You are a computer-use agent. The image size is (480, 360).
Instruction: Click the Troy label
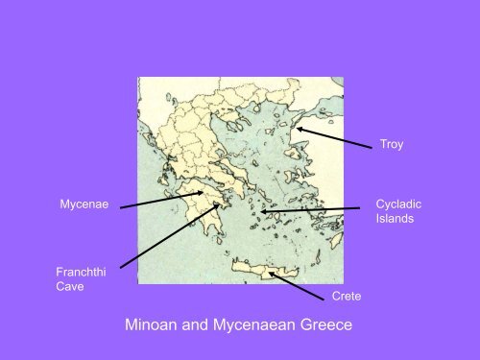(391, 146)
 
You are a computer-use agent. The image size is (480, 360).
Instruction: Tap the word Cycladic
(397, 204)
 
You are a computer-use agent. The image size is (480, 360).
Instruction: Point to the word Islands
(394, 220)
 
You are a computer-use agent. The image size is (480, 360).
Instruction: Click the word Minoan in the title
(156, 325)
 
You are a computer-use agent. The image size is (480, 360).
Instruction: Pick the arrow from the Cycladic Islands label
(317, 209)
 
